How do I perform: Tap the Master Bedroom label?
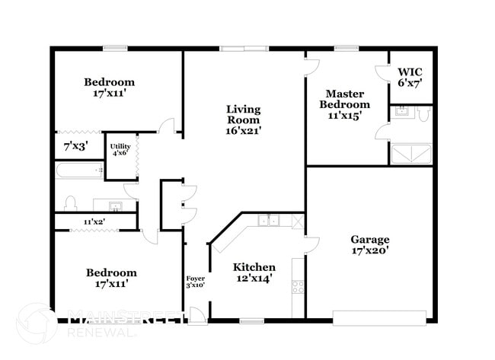(x=345, y=98)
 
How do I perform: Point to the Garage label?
(x=370, y=238)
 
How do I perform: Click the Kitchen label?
(x=254, y=267)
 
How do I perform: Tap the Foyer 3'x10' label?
(x=196, y=282)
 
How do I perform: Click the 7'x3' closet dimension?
(x=75, y=145)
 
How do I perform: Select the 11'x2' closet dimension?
(x=94, y=221)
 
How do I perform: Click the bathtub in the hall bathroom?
(x=78, y=170)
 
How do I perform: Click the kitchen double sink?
(x=268, y=221)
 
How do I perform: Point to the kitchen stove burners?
(x=299, y=287)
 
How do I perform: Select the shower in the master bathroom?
(x=411, y=155)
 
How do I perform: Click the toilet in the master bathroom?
(x=425, y=114)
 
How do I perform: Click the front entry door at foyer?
(x=196, y=314)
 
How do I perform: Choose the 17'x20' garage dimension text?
(x=370, y=250)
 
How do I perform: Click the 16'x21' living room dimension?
(x=244, y=130)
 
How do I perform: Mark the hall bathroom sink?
(x=115, y=205)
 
